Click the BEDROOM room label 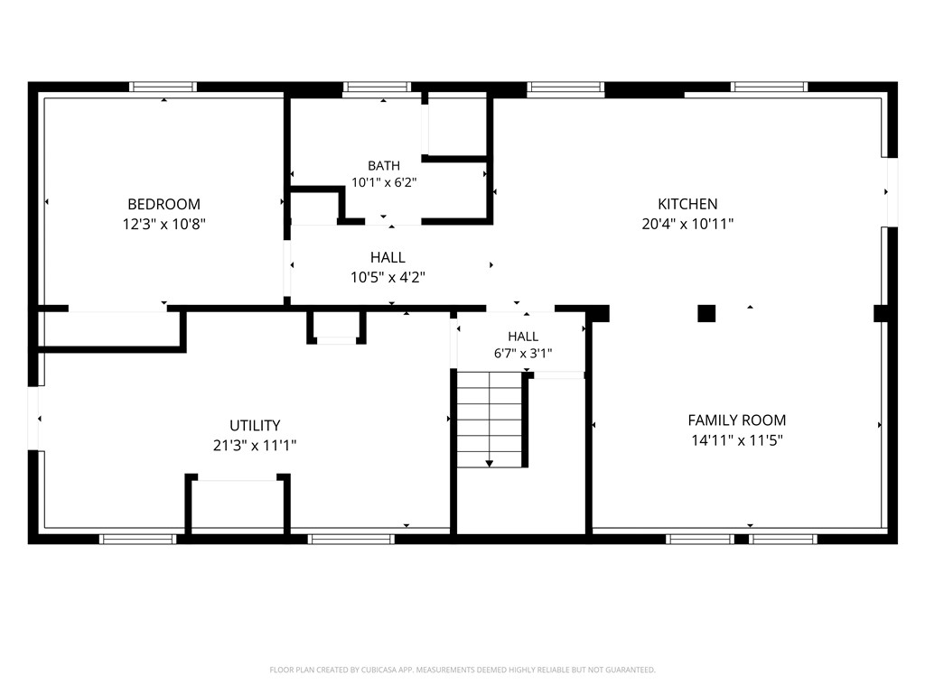[x=164, y=204]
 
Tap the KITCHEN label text [x=687, y=204]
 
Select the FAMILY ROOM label [x=737, y=420]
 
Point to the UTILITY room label [x=255, y=426]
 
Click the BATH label [x=384, y=166]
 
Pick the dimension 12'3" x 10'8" [x=164, y=224]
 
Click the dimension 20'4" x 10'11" [x=687, y=224]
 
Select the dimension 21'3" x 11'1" [x=255, y=446]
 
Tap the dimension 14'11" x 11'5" [x=737, y=440]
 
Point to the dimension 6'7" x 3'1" [x=523, y=354]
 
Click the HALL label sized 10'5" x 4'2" [x=388, y=257]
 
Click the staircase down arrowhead [x=489, y=464]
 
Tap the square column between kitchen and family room [x=706, y=313]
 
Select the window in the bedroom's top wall [x=163, y=88]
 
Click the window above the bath [x=377, y=88]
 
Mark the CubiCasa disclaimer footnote [x=462, y=670]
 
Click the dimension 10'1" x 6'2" [x=384, y=182]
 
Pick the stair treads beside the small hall [x=490, y=420]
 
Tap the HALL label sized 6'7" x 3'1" [x=523, y=337]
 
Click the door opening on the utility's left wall [x=33, y=419]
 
